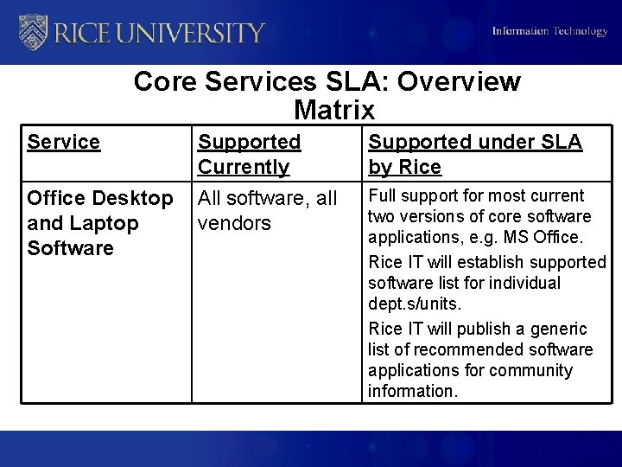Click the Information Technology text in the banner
pyautogui.click(x=549, y=32)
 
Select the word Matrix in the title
pyautogui.click(x=334, y=111)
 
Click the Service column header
pyautogui.click(x=64, y=142)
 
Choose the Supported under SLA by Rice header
pyautogui.click(x=475, y=154)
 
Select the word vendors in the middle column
pyautogui.click(x=234, y=223)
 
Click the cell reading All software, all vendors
pyautogui.click(x=267, y=210)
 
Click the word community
pyautogui.click(x=531, y=370)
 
